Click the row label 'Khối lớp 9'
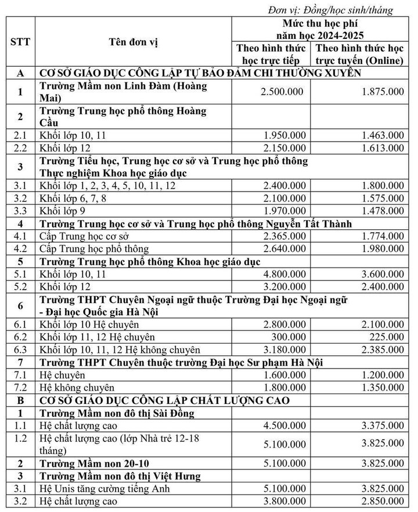[63, 210]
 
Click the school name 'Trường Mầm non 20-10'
[91, 464]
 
